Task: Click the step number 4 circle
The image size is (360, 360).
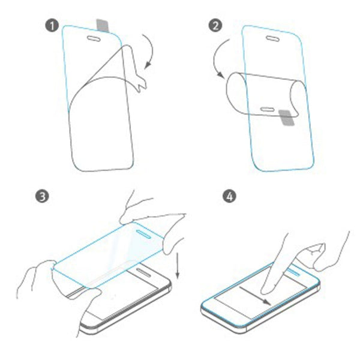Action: pyautogui.click(x=229, y=196)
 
